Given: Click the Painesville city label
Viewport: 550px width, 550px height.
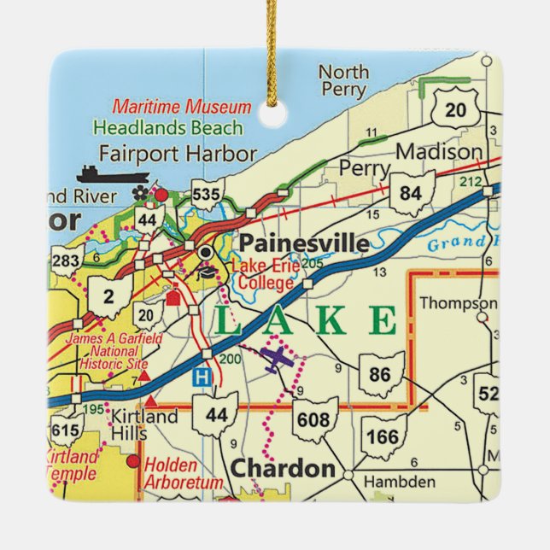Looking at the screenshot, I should coord(304,243).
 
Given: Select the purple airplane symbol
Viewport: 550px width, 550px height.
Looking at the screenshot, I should coord(278,360).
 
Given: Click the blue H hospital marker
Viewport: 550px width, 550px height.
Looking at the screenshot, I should coord(200,377).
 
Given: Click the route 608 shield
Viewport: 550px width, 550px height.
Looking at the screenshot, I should coord(313,419).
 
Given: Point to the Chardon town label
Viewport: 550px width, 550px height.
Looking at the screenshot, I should coord(283,469).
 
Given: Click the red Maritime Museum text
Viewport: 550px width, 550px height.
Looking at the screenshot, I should coord(182,108).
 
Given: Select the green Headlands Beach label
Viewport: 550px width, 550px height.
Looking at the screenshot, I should coord(167,128).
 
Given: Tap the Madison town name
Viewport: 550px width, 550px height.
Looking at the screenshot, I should coord(440,152).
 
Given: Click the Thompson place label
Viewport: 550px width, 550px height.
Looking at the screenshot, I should coord(459,302).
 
